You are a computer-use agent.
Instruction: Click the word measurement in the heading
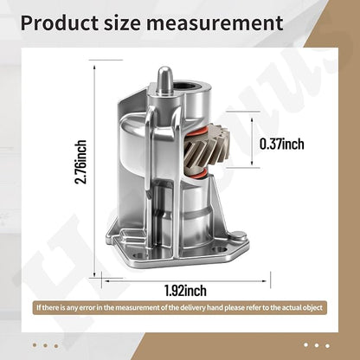coord(215,23)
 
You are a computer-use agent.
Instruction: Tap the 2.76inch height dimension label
coord(80,162)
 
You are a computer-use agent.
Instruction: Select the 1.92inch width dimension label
coord(185,290)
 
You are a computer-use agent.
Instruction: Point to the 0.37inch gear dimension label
coord(282,144)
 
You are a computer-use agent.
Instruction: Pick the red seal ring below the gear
coord(198,174)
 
